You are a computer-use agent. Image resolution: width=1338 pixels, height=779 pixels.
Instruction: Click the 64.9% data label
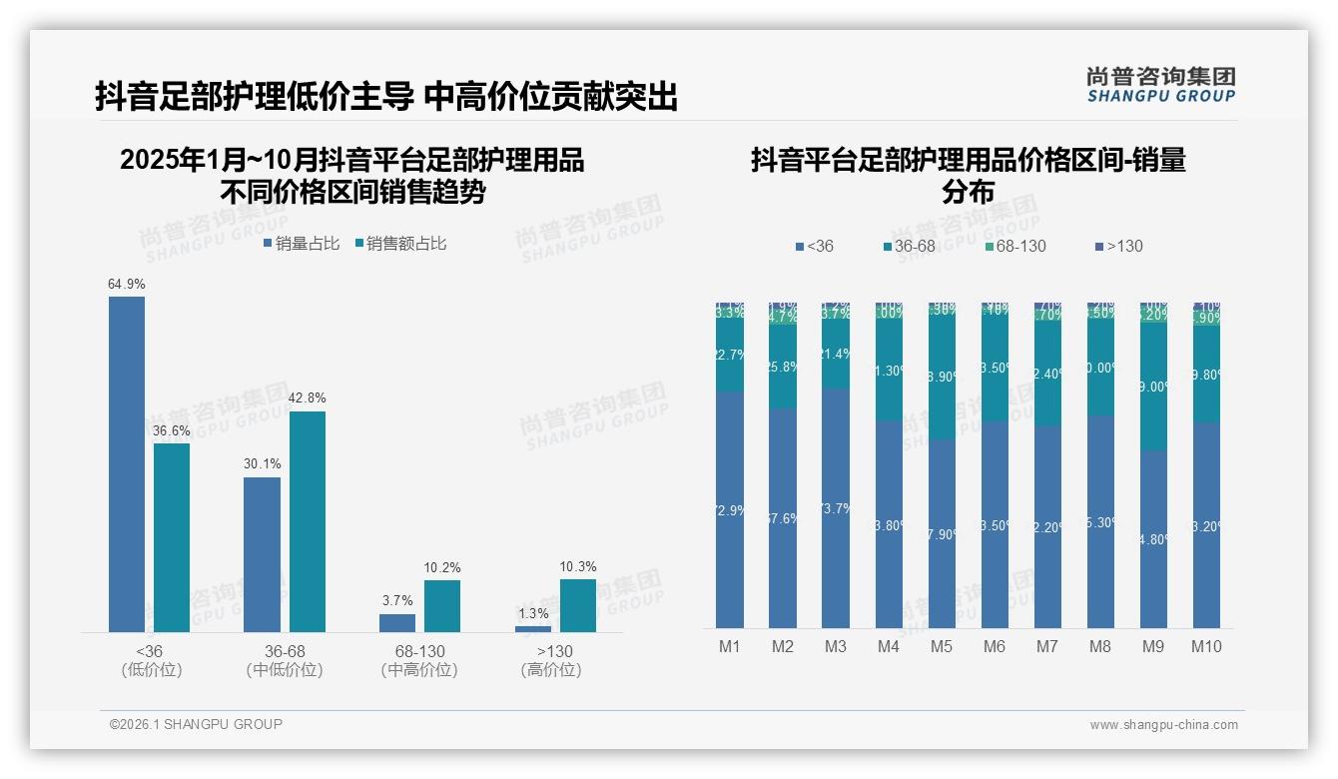pos(127,285)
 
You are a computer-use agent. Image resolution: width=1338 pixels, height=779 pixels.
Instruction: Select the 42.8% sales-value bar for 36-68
pos(308,521)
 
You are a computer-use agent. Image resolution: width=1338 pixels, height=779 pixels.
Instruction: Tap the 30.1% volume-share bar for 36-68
pos(262,554)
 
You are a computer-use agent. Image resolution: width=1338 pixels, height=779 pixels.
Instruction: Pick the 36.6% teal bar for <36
pos(172,537)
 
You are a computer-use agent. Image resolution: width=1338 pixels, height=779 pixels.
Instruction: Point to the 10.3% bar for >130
pos(578,605)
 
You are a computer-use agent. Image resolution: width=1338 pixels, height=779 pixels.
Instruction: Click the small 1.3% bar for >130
pos(533,628)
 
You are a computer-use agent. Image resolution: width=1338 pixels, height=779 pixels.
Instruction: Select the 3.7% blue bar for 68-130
pos(397,622)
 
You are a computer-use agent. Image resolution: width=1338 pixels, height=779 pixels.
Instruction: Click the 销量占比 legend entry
pos(302,244)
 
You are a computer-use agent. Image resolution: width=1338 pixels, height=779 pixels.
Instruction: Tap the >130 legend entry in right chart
pos(1119,247)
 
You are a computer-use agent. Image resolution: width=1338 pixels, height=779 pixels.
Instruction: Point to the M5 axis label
pos(942,647)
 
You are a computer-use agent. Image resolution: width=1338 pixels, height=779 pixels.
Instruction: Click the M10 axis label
pos(1206,647)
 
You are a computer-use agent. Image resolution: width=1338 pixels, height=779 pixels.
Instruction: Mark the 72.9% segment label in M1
pos(730,510)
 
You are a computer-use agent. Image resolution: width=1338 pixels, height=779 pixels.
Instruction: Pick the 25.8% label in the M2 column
pos(783,367)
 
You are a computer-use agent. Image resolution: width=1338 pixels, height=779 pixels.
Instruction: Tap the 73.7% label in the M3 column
pos(836,508)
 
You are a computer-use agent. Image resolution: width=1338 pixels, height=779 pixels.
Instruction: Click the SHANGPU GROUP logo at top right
pos(1161,85)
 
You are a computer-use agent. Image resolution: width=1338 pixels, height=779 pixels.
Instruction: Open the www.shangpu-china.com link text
pos(1163,725)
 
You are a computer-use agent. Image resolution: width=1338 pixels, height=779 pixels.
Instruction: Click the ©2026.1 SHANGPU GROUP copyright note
pos(196,724)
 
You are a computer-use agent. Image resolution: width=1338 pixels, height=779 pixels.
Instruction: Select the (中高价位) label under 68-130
pos(419,670)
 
